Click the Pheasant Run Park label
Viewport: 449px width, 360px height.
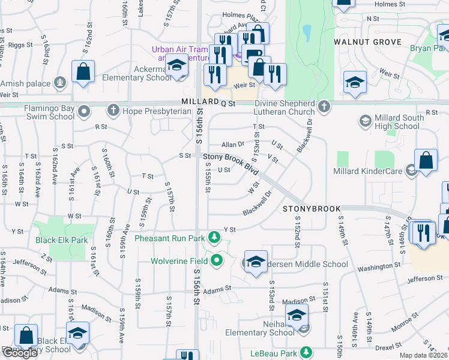(169, 238)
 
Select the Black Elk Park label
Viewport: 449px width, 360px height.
(61, 240)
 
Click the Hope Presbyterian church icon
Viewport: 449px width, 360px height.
(112, 110)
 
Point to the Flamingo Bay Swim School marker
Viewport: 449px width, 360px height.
(84, 110)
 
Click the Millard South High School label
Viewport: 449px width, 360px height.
(392, 122)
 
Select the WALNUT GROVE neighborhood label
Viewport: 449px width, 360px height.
(367, 42)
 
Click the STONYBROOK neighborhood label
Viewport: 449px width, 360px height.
(309, 209)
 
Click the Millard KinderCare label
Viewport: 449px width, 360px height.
(369, 172)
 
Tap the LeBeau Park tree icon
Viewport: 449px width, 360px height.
(306, 351)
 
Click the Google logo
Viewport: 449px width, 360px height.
(20, 353)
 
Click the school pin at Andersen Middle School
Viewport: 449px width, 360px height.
(256, 262)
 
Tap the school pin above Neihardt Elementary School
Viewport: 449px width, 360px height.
(297, 315)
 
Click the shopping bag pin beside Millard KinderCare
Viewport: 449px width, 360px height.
(425, 161)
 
